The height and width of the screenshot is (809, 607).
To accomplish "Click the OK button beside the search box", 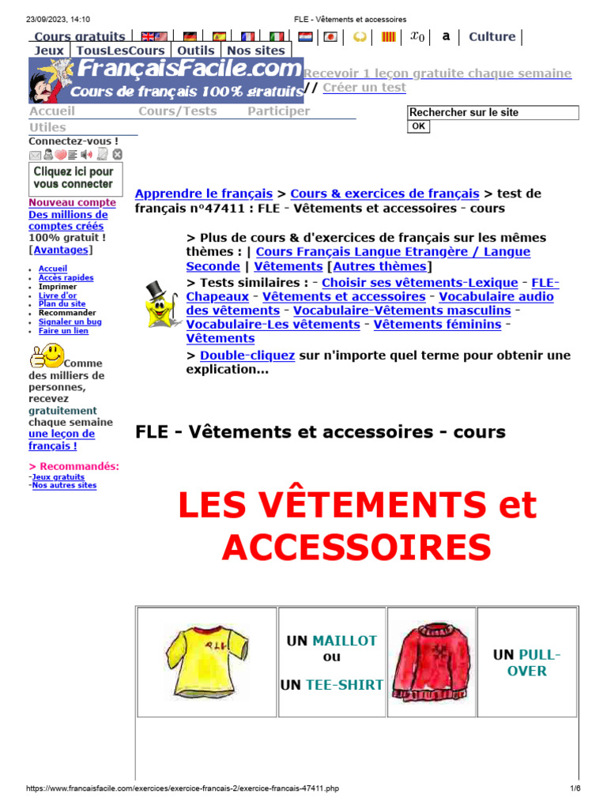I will (418, 126).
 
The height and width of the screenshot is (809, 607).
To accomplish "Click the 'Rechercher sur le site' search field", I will (492, 113).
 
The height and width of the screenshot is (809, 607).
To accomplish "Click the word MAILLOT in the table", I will (345, 641).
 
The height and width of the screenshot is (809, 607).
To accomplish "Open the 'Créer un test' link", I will (364, 88).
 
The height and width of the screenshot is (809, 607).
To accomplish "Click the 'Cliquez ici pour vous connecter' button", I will (76, 179).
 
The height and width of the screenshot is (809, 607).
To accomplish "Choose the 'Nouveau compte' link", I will (72, 202).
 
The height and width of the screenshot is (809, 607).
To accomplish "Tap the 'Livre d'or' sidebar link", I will (58, 295).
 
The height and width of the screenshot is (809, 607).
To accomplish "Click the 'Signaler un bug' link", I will (70, 322).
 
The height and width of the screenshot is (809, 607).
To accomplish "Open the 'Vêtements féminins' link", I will (437, 325).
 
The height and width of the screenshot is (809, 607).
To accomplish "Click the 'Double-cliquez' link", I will (247, 356).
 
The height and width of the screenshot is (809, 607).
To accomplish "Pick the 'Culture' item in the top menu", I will (492, 36).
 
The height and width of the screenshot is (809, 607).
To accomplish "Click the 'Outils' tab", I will (195, 51).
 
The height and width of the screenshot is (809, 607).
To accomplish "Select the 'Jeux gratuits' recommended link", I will (58, 477).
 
